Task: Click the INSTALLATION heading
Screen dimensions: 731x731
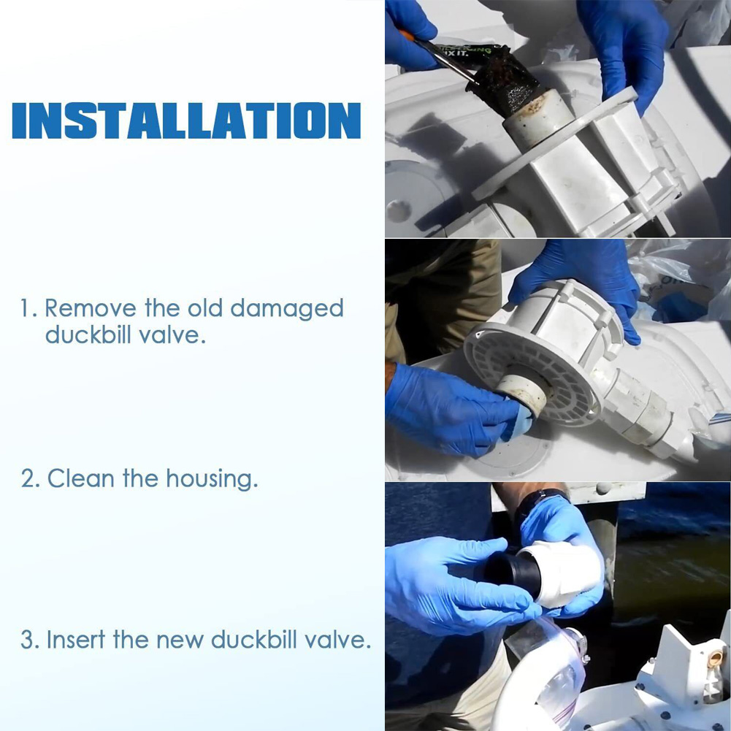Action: click(x=186, y=120)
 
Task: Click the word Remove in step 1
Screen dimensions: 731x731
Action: click(x=91, y=308)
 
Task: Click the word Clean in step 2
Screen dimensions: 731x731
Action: click(x=81, y=478)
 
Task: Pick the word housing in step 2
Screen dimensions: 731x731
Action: click(x=212, y=480)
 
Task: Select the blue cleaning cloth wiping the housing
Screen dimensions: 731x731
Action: click(x=518, y=422)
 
